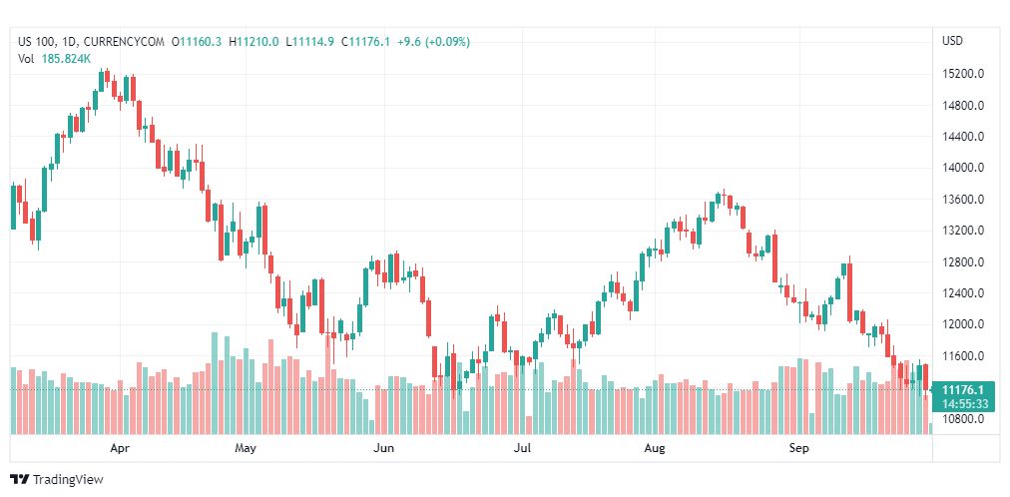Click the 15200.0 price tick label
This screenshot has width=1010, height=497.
pyautogui.click(x=964, y=74)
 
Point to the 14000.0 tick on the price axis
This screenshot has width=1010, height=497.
pyautogui.click(x=964, y=168)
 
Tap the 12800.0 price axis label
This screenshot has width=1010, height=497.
pyautogui.click(x=964, y=262)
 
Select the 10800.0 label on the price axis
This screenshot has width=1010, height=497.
pyautogui.click(x=964, y=419)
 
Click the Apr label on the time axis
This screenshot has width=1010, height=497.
pyautogui.click(x=120, y=449)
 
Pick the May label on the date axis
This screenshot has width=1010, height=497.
pyautogui.click(x=246, y=449)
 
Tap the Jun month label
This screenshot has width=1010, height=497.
pyautogui.click(x=384, y=449)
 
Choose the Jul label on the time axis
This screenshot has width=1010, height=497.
pyautogui.click(x=521, y=449)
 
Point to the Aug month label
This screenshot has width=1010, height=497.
pyautogui.click(x=655, y=449)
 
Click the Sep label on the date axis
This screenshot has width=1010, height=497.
pyautogui.click(x=798, y=449)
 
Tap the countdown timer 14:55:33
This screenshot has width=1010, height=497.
pyautogui.click(x=964, y=404)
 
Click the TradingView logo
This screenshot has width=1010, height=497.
pyautogui.click(x=56, y=480)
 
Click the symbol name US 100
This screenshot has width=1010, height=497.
pyautogui.click(x=38, y=41)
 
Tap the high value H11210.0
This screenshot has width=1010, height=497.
pyautogui.click(x=253, y=41)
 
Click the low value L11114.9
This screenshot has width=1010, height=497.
pyautogui.click(x=310, y=41)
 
